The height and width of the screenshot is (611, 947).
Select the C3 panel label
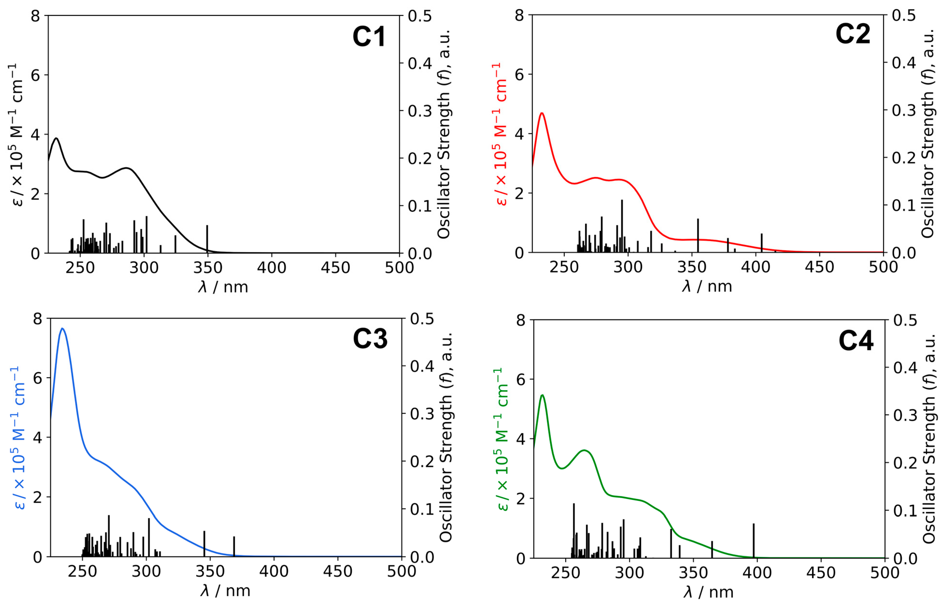point(370,339)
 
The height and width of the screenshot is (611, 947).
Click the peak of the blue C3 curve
point(62,329)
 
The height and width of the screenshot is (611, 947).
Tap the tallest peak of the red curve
point(542,113)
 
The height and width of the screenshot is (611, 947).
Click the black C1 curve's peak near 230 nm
point(56,139)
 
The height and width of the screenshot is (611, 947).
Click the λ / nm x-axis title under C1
point(223,287)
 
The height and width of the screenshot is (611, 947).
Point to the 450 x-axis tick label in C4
point(821,573)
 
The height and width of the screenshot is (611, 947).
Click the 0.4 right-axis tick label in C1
point(419,63)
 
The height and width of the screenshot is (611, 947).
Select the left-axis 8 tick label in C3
point(38,319)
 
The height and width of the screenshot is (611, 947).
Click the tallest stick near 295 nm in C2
point(622,226)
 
